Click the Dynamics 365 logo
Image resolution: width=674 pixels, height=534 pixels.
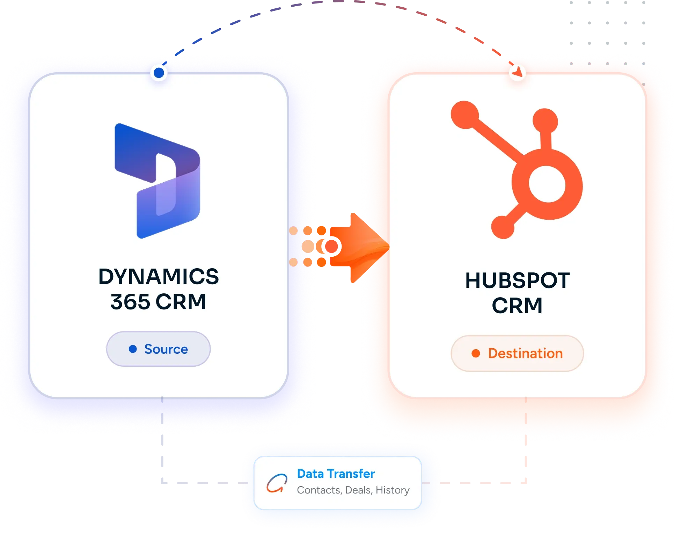(x=157, y=181)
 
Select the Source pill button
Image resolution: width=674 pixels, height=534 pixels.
(x=158, y=349)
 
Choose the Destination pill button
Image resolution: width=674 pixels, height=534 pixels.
(x=517, y=353)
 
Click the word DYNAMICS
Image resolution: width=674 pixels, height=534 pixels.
(x=159, y=277)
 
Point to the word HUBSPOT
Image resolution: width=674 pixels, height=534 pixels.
(x=518, y=280)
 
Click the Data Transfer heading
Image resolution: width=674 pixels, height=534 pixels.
(x=336, y=474)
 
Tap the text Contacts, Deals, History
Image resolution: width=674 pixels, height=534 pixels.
(x=353, y=490)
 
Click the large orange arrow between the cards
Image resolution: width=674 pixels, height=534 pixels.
(x=360, y=248)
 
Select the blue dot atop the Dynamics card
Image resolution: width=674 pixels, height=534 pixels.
(x=159, y=73)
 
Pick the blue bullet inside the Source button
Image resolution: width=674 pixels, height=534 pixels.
(x=133, y=349)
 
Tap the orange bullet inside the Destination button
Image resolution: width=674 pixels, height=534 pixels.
(x=476, y=353)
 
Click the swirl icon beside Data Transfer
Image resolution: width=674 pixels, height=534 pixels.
(x=277, y=483)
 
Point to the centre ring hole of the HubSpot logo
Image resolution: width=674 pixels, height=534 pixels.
(x=547, y=184)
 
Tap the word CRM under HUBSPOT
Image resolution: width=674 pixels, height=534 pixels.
(x=517, y=306)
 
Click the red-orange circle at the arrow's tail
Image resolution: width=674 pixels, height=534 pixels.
(x=331, y=247)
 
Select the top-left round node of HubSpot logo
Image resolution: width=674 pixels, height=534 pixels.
(x=465, y=115)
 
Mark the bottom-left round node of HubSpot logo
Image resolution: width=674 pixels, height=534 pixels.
(x=503, y=227)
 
